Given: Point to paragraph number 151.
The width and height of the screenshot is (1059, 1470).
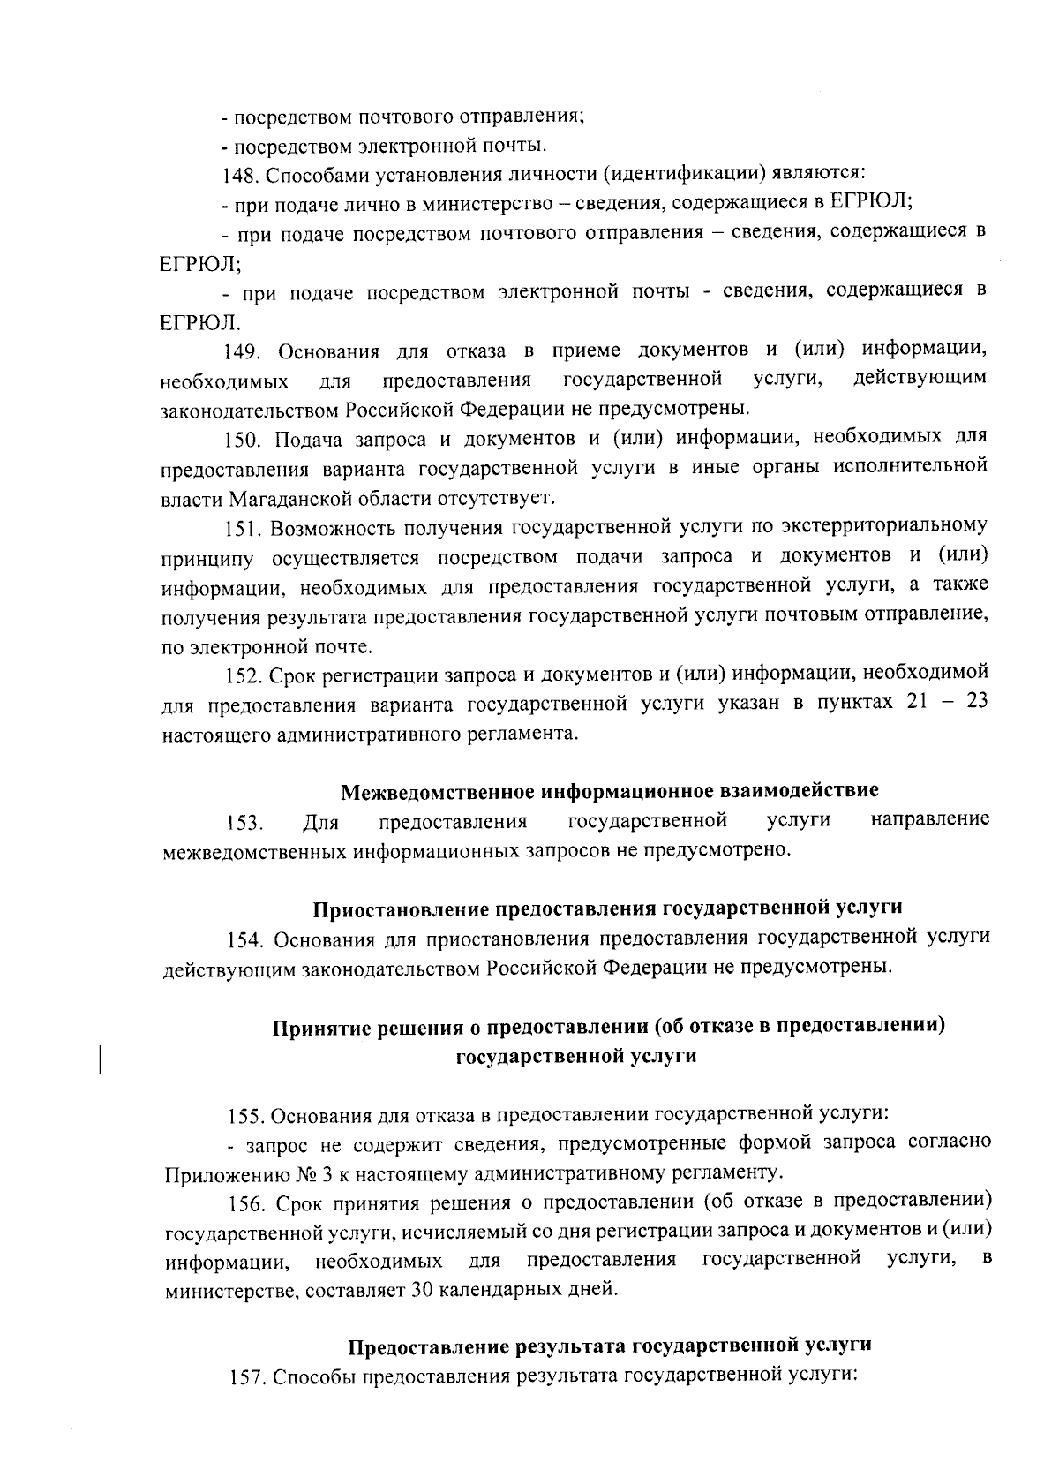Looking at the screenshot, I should coord(242,528).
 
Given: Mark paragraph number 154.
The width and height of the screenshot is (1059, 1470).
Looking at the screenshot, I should coord(244,938).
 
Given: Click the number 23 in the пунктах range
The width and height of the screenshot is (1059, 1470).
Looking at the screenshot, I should coord(974,705).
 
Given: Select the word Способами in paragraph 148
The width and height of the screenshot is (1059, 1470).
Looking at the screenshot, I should coord(306,173).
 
